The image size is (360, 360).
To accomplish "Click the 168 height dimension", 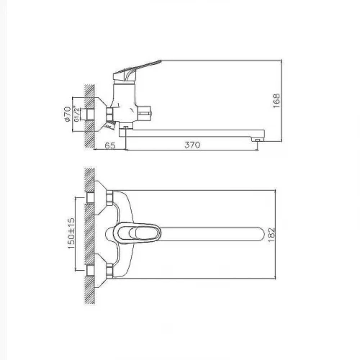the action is pyautogui.click(x=276, y=101).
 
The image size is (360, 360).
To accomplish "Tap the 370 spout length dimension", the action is pyautogui.click(x=192, y=145).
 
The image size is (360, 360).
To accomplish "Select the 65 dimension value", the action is pyautogui.click(x=110, y=145).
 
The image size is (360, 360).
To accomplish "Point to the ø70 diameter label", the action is pyautogui.click(x=68, y=114).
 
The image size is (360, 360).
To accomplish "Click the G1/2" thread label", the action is pyautogui.click(x=76, y=114).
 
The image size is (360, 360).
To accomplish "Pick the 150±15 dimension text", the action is pyautogui.click(x=71, y=233).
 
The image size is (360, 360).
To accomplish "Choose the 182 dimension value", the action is pyautogui.click(x=271, y=235).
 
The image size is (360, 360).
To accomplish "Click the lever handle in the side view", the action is pyautogui.click(x=137, y=70).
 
